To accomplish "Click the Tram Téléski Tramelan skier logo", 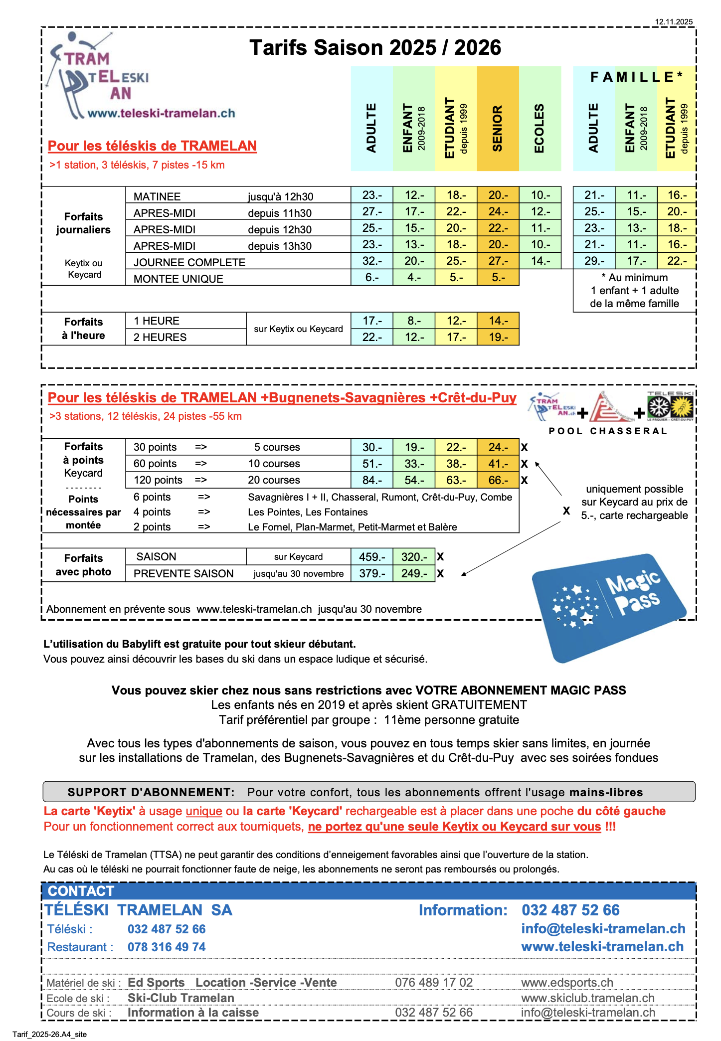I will coord(100,77).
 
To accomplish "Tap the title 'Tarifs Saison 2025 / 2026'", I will coord(375,48).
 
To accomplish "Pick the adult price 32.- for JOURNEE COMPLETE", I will coord(372,261).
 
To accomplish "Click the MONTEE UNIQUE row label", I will coord(178,279).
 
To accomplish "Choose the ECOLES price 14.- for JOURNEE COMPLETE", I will coord(541,261).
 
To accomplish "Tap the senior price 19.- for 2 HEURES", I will coord(498,337).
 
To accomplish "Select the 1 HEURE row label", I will coord(156,321).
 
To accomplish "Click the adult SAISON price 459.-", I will coord(372,557).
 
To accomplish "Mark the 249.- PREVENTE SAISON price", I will coord(414,573).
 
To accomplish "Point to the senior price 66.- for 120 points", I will coord(498,480).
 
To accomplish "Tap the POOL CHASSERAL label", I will coord(608,431).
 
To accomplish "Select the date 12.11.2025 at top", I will coord(674,22).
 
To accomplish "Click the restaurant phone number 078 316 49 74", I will coord(167,947).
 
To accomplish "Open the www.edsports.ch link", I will coord(567,982).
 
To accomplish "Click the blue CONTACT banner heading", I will coord(81,891).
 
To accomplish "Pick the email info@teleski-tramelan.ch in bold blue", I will coord(603,928).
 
